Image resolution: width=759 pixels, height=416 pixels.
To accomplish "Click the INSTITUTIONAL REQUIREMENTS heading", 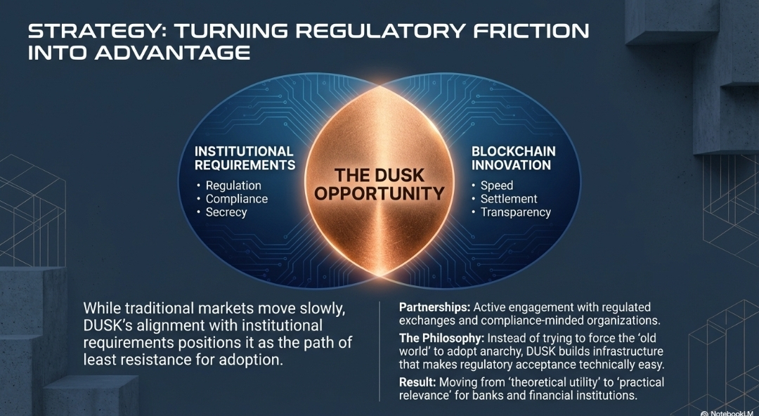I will [244, 158].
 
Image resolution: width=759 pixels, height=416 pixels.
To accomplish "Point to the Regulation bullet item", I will [233, 186].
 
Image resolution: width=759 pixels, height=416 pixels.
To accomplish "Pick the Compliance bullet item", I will [236, 199].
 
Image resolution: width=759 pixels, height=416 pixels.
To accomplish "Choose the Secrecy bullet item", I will [226, 212].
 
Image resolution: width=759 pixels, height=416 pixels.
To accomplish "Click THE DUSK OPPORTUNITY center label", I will [379, 184].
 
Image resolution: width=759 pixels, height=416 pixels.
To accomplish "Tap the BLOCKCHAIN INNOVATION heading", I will [513, 158].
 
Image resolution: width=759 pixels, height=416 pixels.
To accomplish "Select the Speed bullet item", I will [496, 186].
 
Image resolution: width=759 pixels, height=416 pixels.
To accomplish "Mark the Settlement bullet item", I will [509, 199].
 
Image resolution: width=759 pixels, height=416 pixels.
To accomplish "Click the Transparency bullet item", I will [515, 212].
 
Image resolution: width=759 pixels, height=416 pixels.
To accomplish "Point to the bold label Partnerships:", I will [434, 307].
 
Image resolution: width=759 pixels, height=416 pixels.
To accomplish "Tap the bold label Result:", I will [417, 382].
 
